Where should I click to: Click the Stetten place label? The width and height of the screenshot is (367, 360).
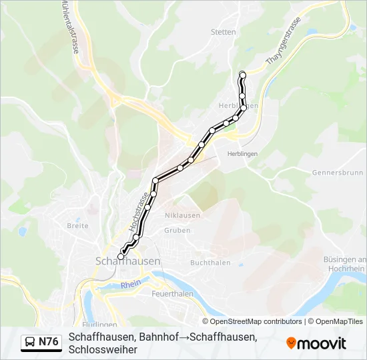(223, 32)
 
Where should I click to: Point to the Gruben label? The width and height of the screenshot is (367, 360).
(177, 231)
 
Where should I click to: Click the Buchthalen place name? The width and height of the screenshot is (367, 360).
(210, 263)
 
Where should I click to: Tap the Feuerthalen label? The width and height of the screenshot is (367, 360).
(173, 293)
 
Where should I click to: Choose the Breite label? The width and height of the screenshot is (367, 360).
(77, 226)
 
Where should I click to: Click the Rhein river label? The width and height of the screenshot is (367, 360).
(131, 285)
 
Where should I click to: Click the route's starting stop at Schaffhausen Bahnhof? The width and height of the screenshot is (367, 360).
(121, 256)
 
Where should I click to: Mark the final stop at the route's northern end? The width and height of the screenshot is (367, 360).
(243, 75)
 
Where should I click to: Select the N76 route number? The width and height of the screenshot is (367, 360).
(49, 342)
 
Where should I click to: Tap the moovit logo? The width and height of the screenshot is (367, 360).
(316, 343)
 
